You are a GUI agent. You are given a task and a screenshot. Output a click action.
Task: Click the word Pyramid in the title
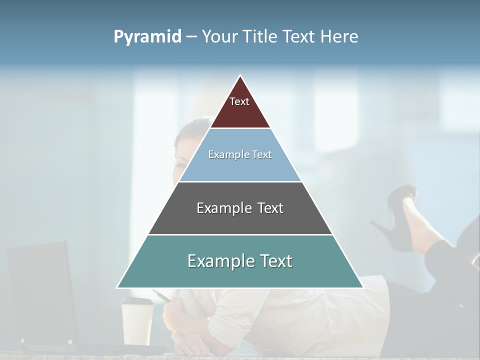point(147,37)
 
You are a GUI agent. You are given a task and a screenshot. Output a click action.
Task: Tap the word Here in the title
point(339,36)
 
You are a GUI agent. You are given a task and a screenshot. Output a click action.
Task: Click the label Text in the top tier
point(239,101)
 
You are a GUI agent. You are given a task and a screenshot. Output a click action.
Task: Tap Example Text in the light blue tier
point(240,154)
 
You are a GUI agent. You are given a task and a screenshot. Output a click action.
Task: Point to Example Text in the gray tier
point(240,208)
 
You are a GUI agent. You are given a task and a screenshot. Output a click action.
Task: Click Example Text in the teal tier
point(240,261)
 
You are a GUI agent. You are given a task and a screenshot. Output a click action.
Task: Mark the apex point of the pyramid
point(240,76)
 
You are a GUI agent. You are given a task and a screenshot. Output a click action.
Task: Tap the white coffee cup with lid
point(137,320)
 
